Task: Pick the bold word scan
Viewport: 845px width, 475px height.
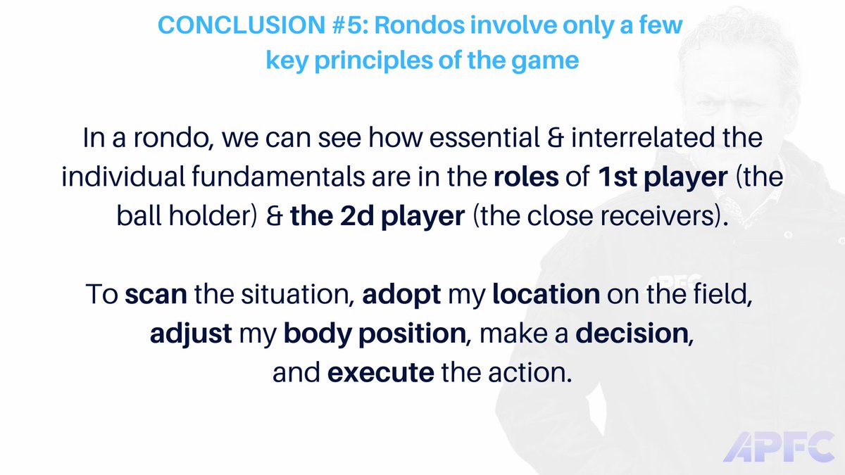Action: tap(155, 294)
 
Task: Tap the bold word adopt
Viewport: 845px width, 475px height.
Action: tap(401, 294)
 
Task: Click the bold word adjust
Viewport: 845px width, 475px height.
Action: tap(190, 334)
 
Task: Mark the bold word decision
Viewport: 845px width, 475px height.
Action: tap(634, 334)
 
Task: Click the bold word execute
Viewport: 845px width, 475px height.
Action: tap(380, 372)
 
